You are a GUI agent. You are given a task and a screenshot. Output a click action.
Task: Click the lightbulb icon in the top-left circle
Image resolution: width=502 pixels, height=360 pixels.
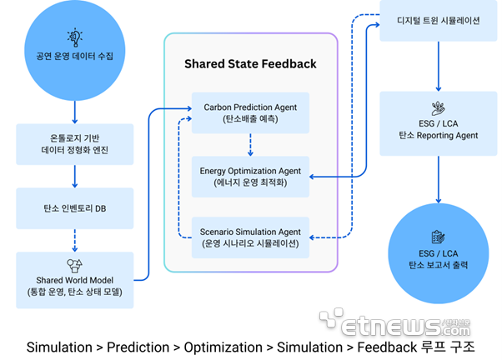tap(74, 37)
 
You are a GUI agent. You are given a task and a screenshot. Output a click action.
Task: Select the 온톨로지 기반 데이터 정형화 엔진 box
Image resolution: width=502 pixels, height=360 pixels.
tap(74, 143)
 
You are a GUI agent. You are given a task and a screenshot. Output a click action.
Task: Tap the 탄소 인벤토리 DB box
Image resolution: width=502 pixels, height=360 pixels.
tap(74, 207)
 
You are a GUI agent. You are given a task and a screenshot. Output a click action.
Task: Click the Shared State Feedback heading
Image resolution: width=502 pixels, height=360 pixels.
tap(250, 64)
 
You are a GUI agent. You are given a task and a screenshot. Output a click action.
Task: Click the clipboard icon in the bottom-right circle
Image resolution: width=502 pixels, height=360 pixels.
tap(438, 237)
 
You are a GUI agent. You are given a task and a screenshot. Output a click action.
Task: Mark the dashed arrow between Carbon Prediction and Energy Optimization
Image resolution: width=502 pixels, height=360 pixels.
tap(250, 145)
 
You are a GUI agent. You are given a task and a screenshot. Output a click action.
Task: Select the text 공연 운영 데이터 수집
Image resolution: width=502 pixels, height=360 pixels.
tap(74, 58)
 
